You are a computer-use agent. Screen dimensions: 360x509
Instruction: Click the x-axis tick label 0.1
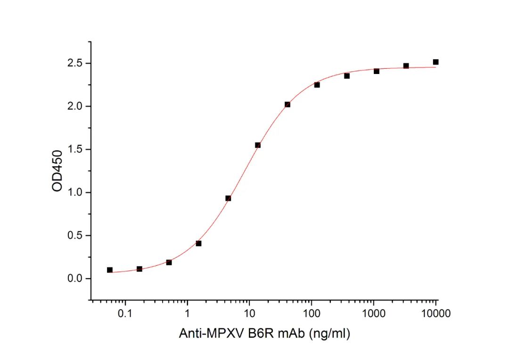point(125,313)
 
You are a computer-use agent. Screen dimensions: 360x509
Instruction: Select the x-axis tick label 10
point(250,313)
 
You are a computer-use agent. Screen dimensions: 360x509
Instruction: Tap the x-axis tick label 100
point(312,313)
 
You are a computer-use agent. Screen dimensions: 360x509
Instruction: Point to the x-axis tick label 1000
point(374,313)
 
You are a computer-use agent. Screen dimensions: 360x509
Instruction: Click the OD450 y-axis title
point(57,171)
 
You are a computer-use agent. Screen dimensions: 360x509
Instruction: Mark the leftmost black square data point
point(110,270)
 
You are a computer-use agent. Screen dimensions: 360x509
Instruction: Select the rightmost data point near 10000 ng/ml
point(435,62)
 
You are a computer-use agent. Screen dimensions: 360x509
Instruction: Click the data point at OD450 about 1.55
point(258,145)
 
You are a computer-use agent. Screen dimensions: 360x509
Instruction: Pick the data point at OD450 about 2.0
point(287,105)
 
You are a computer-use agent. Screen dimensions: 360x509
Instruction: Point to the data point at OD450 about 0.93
point(228,198)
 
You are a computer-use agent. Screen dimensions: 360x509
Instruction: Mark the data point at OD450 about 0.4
point(198,244)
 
